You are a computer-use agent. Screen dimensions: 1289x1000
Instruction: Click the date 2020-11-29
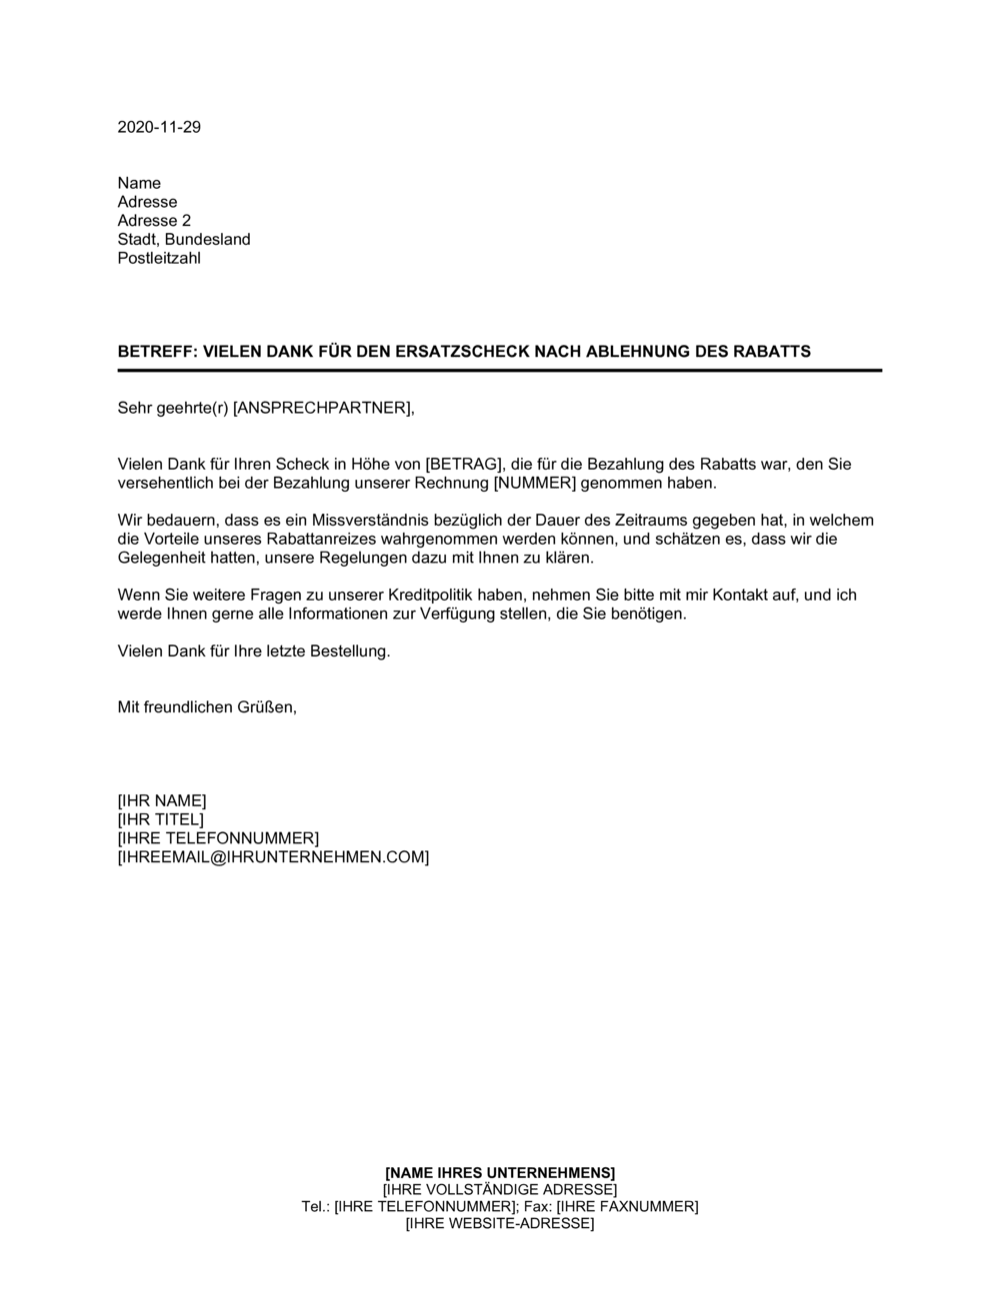point(159,127)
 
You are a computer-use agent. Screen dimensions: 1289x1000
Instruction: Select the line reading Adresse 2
point(154,221)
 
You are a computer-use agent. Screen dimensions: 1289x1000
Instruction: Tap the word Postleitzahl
point(159,258)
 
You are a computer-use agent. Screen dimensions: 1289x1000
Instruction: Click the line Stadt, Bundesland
point(184,240)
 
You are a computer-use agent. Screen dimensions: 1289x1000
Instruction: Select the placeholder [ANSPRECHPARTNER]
point(321,408)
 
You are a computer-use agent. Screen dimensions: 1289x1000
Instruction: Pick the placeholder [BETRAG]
point(463,465)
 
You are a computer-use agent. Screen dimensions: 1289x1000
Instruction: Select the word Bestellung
point(343,651)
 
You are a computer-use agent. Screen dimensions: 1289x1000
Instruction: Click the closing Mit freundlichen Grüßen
point(207,707)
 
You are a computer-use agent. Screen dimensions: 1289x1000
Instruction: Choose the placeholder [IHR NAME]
point(162,800)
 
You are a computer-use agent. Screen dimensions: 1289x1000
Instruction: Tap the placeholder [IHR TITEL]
point(160,819)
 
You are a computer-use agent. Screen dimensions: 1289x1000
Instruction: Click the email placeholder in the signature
point(273,857)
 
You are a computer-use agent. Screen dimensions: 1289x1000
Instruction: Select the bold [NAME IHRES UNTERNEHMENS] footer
point(500,1172)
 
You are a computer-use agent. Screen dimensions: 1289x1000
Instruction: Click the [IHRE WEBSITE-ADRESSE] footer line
point(500,1224)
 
